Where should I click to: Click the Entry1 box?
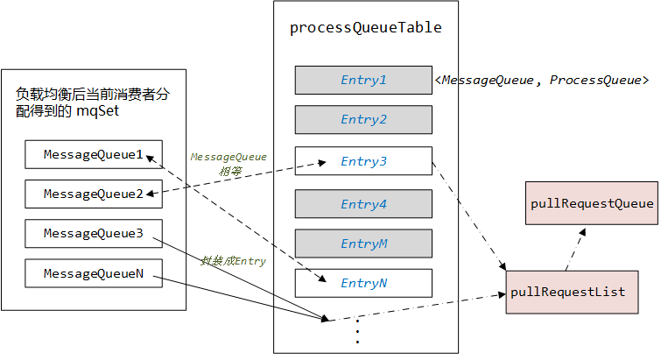point(363,80)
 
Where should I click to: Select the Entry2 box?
point(363,120)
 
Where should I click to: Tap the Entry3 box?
point(363,160)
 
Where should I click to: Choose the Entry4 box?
point(363,203)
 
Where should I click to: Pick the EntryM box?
point(363,244)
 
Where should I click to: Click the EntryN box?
point(363,283)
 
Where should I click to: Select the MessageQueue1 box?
point(94,154)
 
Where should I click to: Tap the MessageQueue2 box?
point(94,194)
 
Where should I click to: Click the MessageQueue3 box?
point(94,233)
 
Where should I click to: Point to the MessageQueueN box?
point(94,273)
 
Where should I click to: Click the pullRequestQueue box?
point(592,203)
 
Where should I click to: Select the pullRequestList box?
point(572,293)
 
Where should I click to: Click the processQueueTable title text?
point(365,28)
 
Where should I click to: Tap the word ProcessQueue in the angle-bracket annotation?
point(595,80)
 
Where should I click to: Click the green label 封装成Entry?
point(233,261)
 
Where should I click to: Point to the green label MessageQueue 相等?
point(229,164)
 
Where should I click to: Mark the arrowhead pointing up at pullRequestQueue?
point(582,232)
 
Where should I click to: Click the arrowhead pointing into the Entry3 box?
point(322,163)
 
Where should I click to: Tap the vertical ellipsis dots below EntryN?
point(357,332)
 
